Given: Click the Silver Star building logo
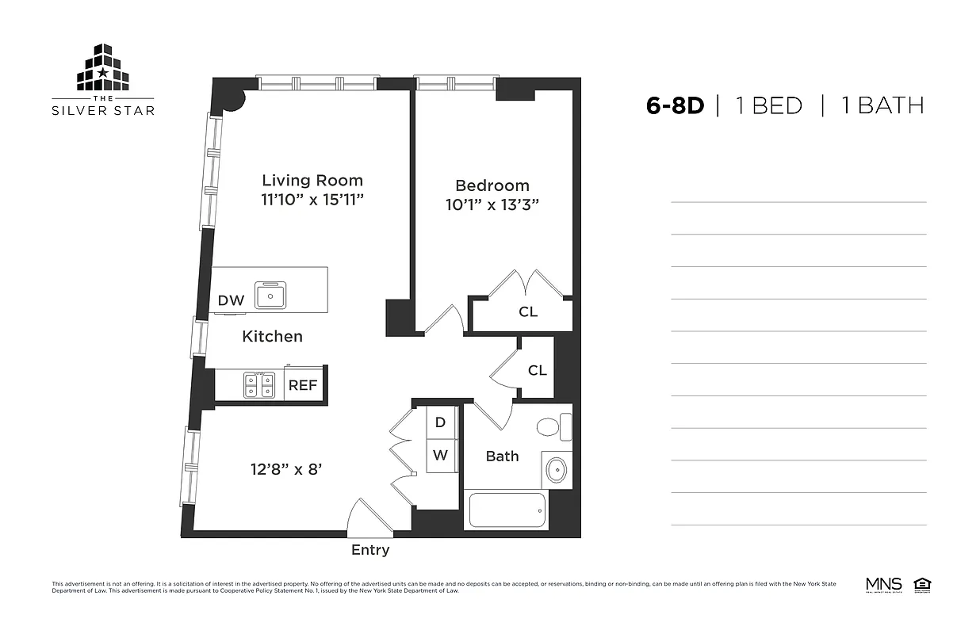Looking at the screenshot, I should click(103, 69).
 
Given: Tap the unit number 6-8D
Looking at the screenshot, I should click(675, 105).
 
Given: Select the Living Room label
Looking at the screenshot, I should click(312, 181).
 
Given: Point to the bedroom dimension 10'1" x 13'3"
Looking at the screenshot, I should click(492, 204).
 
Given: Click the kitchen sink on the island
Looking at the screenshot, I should click(270, 296).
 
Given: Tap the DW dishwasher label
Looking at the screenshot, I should click(231, 300).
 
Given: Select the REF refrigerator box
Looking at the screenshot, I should click(302, 386).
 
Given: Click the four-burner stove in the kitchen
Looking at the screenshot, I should click(258, 385).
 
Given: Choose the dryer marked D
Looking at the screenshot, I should click(441, 422).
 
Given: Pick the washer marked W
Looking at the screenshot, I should click(441, 456).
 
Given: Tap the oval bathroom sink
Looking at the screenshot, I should click(557, 470).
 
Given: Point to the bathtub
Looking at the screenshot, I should click(507, 510).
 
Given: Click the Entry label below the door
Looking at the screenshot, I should click(370, 550).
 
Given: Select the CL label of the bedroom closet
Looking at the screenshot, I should click(528, 312).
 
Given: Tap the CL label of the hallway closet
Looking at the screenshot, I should click(537, 370).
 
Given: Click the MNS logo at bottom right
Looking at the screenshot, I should click(884, 585).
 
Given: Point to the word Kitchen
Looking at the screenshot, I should click(272, 337).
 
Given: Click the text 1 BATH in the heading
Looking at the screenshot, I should click(882, 105).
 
